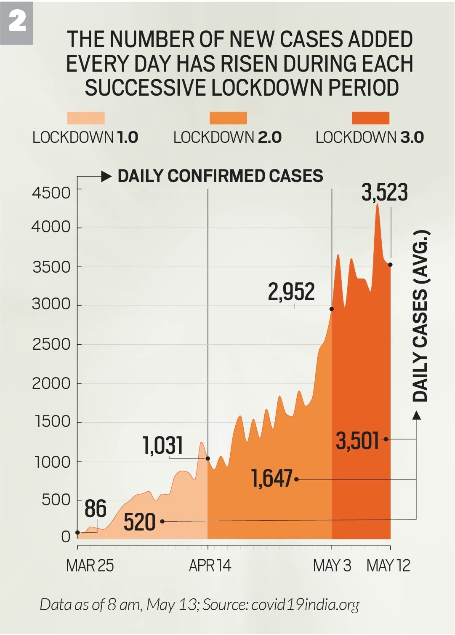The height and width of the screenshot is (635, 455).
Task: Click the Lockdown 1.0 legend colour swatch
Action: pos(86,118)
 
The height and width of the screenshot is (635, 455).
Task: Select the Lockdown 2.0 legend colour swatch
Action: pos(228,118)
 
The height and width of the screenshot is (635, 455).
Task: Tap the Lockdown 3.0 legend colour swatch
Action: pos(370,118)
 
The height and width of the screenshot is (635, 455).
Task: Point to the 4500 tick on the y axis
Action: pos(51,193)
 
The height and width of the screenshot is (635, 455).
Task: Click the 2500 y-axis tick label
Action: pos(51,344)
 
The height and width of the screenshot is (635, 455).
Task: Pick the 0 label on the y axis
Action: pos(66,537)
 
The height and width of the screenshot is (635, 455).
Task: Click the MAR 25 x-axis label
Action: pos(90,565)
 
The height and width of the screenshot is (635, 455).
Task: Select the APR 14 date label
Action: pos(210,565)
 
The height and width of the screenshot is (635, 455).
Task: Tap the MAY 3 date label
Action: pos(332,565)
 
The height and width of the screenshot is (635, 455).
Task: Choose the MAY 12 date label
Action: pos(388,565)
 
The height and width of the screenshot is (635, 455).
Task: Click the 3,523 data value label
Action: pos(385,193)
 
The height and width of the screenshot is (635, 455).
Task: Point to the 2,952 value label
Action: pos(291,292)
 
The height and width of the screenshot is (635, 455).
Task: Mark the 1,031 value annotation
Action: pos(163,445)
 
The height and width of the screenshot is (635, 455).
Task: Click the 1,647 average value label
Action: pos(271,479)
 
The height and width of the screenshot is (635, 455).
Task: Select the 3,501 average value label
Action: pos(358,441)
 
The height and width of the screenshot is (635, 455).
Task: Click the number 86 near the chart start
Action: pos(96,509)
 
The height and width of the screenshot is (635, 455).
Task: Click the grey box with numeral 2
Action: pos(17,22)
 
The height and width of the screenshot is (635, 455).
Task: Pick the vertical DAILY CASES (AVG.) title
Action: pos(420,316)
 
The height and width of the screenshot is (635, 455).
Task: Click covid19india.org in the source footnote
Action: pos(305,605)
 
